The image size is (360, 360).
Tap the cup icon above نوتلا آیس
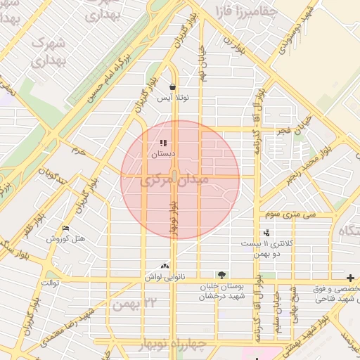(172, 87)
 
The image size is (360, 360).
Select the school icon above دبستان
(163, 143)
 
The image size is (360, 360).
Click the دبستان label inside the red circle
(163, 153)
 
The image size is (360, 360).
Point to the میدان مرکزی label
(175, 181)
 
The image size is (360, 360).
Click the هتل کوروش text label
(66, 239)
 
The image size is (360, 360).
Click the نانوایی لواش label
(165, 277)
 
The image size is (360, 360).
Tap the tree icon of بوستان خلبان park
(221, 274)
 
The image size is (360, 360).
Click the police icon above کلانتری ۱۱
(266, 233)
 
